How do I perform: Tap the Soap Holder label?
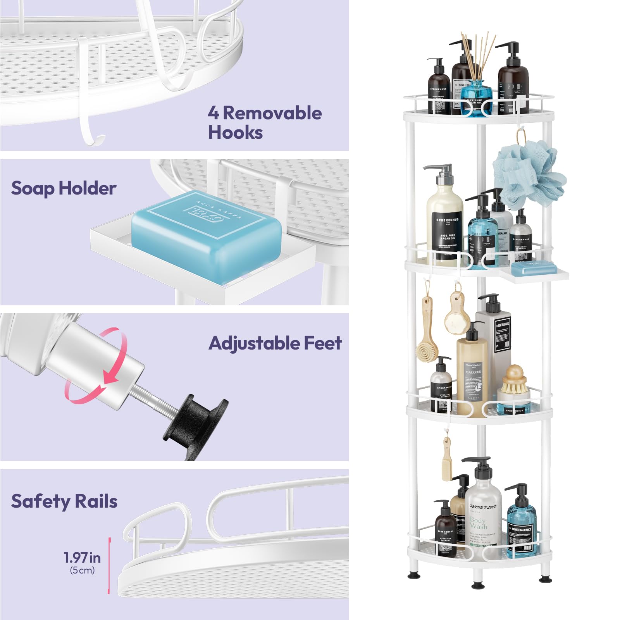pos(64,189)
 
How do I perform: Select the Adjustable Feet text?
pos(275,343)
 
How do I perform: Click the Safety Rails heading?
pos(64,501)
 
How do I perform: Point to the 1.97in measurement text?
pos(82,558)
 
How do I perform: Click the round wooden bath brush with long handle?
pos(427,341)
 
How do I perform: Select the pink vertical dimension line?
pos(109,566)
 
